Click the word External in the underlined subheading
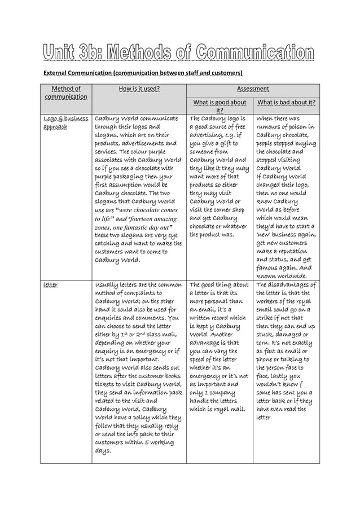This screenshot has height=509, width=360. pos(58,73)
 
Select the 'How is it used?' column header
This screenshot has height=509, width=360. pos(139,89)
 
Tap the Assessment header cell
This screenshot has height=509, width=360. pos(253,89)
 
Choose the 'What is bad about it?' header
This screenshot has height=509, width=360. pos(286,102)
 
